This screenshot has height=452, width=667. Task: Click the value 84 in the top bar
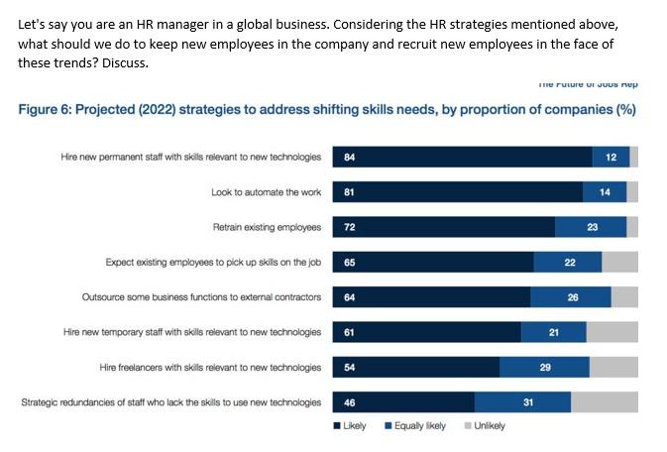tap(349, 157)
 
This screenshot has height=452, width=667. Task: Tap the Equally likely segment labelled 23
tap(592, 227)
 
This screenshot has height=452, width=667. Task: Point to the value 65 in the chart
tap(349, 262)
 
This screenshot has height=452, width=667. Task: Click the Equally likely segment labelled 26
tap(571, 296)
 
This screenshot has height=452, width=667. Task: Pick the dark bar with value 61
tap(427, 332)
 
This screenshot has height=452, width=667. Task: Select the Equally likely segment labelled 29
tap(544, 367)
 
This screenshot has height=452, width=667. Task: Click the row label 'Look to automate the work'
tap(266, 192)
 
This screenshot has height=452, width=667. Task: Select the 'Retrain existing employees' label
tap(267, 227)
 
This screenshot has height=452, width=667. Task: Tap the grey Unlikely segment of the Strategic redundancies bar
tap(604, 402)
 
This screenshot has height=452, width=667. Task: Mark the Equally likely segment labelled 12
tap(611, 157)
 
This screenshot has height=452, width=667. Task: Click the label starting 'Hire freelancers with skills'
tap(210, 367)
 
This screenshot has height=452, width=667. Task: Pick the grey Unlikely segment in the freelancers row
tap(613, 367)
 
